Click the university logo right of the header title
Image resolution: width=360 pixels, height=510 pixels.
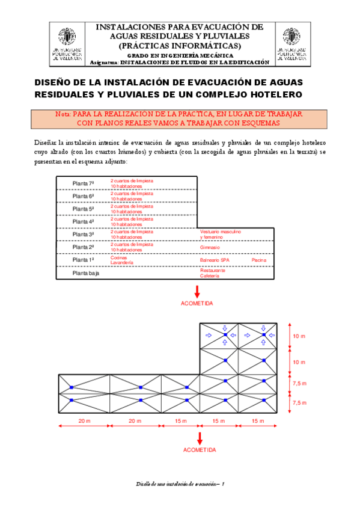[293, 45]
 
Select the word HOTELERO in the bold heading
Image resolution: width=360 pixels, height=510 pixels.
[276, 95]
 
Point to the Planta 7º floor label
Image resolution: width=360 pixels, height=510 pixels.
[84, 183]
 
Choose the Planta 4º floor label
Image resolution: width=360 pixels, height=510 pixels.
[84, 221]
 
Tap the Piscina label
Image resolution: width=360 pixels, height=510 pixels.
[259, 260]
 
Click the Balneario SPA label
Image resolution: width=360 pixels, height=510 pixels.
[215, 260]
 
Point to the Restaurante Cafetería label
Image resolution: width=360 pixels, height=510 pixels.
[213, 273]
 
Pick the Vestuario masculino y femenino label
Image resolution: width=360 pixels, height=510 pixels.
[220, 234]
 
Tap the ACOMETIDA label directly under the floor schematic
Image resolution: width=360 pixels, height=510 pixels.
[197, 304]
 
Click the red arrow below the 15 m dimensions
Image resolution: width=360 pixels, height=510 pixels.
[199, 437]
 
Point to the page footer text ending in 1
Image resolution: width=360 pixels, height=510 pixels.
[180, 484]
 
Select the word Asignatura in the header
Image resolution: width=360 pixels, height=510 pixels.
[103, 62]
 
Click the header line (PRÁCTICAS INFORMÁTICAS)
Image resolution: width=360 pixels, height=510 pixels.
[180, 45]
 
